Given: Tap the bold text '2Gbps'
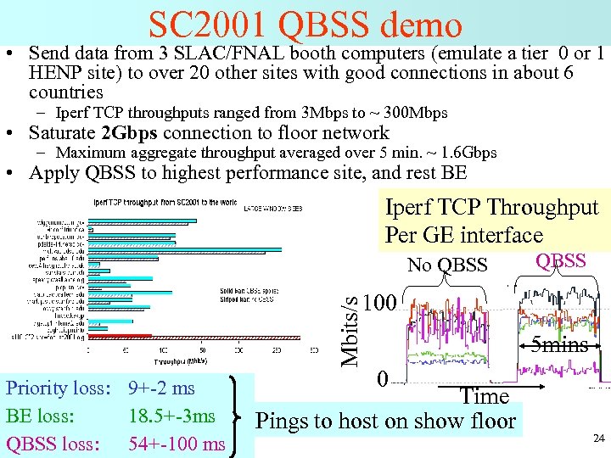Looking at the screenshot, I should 130,133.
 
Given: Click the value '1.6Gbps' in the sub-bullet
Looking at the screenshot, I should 466,154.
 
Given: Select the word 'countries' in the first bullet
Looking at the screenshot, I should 65,92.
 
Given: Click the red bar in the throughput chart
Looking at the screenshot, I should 119,336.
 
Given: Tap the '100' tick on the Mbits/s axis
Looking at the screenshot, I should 379,303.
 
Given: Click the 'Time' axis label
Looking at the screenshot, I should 484,396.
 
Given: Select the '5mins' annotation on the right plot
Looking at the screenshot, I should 560,344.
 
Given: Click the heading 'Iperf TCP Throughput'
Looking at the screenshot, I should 491,208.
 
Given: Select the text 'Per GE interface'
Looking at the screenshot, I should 463,235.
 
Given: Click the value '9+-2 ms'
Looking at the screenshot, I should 161,388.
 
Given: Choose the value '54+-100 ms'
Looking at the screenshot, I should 177,443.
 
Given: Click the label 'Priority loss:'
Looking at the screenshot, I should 59,388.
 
